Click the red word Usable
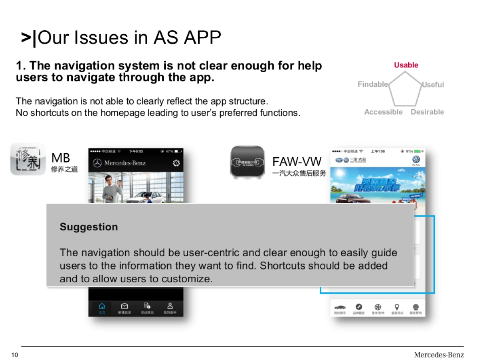tap(406, 65)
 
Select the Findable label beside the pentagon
tap(373, 84)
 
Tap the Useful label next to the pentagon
tap(432, 85)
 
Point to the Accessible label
tap(383, 112)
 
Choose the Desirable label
tap(427, 112)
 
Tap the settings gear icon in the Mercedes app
tap(176, 163)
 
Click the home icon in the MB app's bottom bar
tap(102, 306)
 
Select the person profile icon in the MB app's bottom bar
tap(170, 306)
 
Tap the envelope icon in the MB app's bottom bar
tap(124, 306)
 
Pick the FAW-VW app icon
tap(247, 162)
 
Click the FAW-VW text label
tap(297, 162)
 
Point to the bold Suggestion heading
tap(89, 227)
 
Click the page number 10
tap(15, 355)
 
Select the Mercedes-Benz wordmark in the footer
tap(439, 355)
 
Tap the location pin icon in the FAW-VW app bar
tap(397, 307)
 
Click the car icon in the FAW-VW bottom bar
tap(340, 307)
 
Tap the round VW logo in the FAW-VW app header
tap(416, 160)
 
